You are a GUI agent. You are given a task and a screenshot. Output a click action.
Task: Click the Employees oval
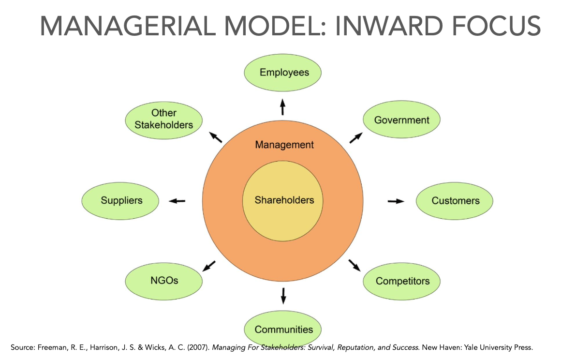283,73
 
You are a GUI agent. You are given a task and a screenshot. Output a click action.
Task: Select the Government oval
401,120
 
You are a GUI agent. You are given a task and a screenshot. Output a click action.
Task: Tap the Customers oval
455,200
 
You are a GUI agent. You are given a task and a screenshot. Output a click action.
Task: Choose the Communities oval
283,329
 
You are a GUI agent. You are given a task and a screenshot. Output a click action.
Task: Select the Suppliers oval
121,200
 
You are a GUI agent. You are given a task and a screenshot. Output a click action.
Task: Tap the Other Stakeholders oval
164,119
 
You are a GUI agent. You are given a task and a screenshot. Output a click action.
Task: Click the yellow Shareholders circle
284,200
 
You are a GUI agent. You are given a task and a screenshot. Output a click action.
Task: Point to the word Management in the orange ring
284,145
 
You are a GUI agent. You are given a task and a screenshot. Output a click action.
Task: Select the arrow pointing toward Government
355,138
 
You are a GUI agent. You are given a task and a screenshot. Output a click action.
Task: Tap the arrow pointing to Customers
396,201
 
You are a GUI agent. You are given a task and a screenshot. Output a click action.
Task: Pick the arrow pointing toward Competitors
354,265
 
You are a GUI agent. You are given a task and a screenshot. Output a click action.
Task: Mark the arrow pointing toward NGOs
209,266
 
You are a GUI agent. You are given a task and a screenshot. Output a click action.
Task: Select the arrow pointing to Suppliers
177,201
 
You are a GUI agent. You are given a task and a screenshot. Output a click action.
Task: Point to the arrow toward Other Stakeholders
215,137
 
